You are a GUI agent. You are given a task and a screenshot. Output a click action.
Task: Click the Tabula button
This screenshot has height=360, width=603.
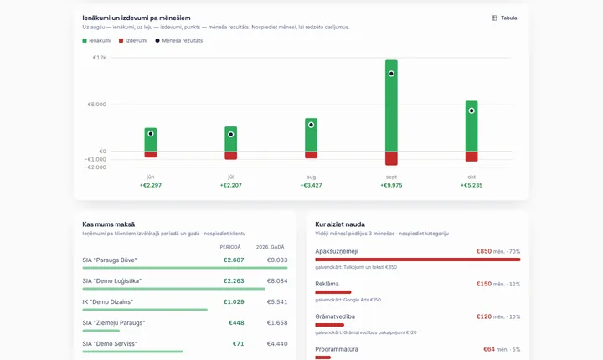click(504, 18)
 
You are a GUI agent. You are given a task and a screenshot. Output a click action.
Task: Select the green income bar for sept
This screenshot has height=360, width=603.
click(391, 105)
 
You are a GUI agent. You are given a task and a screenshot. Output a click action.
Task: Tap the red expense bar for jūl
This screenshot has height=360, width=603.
click(231, 156)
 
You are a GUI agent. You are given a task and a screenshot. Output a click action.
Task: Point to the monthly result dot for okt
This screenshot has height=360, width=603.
click(472, 111)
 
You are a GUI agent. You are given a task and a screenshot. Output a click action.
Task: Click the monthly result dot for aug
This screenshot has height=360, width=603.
click(311, 125)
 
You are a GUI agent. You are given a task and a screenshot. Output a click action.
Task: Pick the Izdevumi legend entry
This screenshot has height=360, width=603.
click(133, 40)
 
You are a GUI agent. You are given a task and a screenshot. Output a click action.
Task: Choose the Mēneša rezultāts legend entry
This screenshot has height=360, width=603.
click(179, 40)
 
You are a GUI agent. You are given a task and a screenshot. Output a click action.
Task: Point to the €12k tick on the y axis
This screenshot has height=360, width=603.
click(99, 58)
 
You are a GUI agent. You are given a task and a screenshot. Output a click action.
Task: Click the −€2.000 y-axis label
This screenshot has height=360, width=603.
click(95, 167)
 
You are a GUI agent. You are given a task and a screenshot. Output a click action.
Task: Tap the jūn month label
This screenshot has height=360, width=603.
click(151, 177)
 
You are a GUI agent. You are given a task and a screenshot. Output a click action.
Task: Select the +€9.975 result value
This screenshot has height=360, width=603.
click(391, 185)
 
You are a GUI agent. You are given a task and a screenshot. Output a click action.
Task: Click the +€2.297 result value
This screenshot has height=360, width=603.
click(151, 185)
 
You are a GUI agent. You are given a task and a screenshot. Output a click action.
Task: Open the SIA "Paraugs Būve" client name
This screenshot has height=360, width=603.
click(110, 260)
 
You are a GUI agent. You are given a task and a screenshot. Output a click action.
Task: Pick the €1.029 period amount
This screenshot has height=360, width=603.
click(234, 302)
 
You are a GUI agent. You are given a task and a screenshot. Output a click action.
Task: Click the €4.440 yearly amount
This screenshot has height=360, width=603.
click(277, 344)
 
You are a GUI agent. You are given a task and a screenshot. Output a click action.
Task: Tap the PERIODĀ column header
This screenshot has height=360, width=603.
click(230, 247)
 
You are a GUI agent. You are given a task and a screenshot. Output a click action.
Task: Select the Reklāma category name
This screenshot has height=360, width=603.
click(327, 284)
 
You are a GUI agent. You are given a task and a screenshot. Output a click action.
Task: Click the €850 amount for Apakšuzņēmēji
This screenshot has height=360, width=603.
click(484, 251)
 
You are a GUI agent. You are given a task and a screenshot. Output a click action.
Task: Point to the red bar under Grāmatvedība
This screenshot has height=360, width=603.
click(330, 325)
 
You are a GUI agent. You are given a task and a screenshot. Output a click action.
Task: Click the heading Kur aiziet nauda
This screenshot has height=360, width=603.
click(340, 224)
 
